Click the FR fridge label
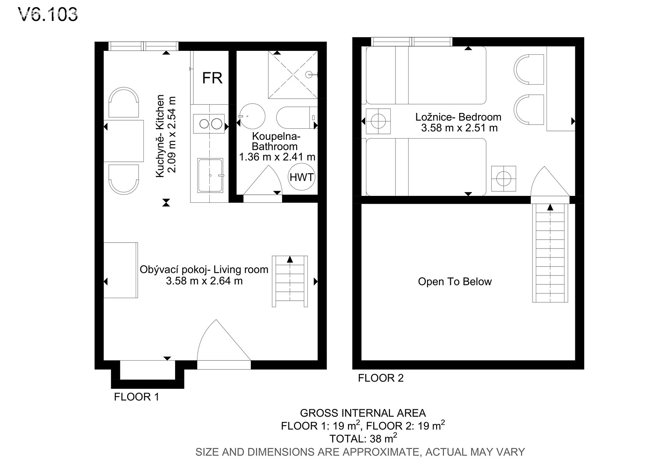[212, 78]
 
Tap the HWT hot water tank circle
[301, 177]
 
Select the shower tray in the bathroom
[293, 75]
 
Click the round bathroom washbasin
[252, 116]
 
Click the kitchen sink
[210, 175]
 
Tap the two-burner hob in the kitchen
[209, 124]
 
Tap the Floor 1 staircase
[290, 281]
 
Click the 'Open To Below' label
[455, 281]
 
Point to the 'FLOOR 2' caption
[381, 378]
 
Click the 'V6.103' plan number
[48, 15]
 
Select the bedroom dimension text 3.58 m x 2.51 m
[459, 128]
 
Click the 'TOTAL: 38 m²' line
[363, 438]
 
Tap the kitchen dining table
[124, 141]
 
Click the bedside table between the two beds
[378, 121]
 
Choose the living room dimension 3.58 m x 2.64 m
[205, 281]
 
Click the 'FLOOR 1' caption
[137, 397]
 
